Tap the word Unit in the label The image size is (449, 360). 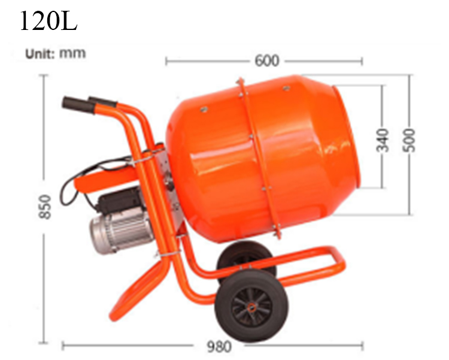pos(40,53)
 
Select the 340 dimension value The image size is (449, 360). pos(383,139)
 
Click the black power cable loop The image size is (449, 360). pos(67,189)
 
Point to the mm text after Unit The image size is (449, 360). pos(72,53)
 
